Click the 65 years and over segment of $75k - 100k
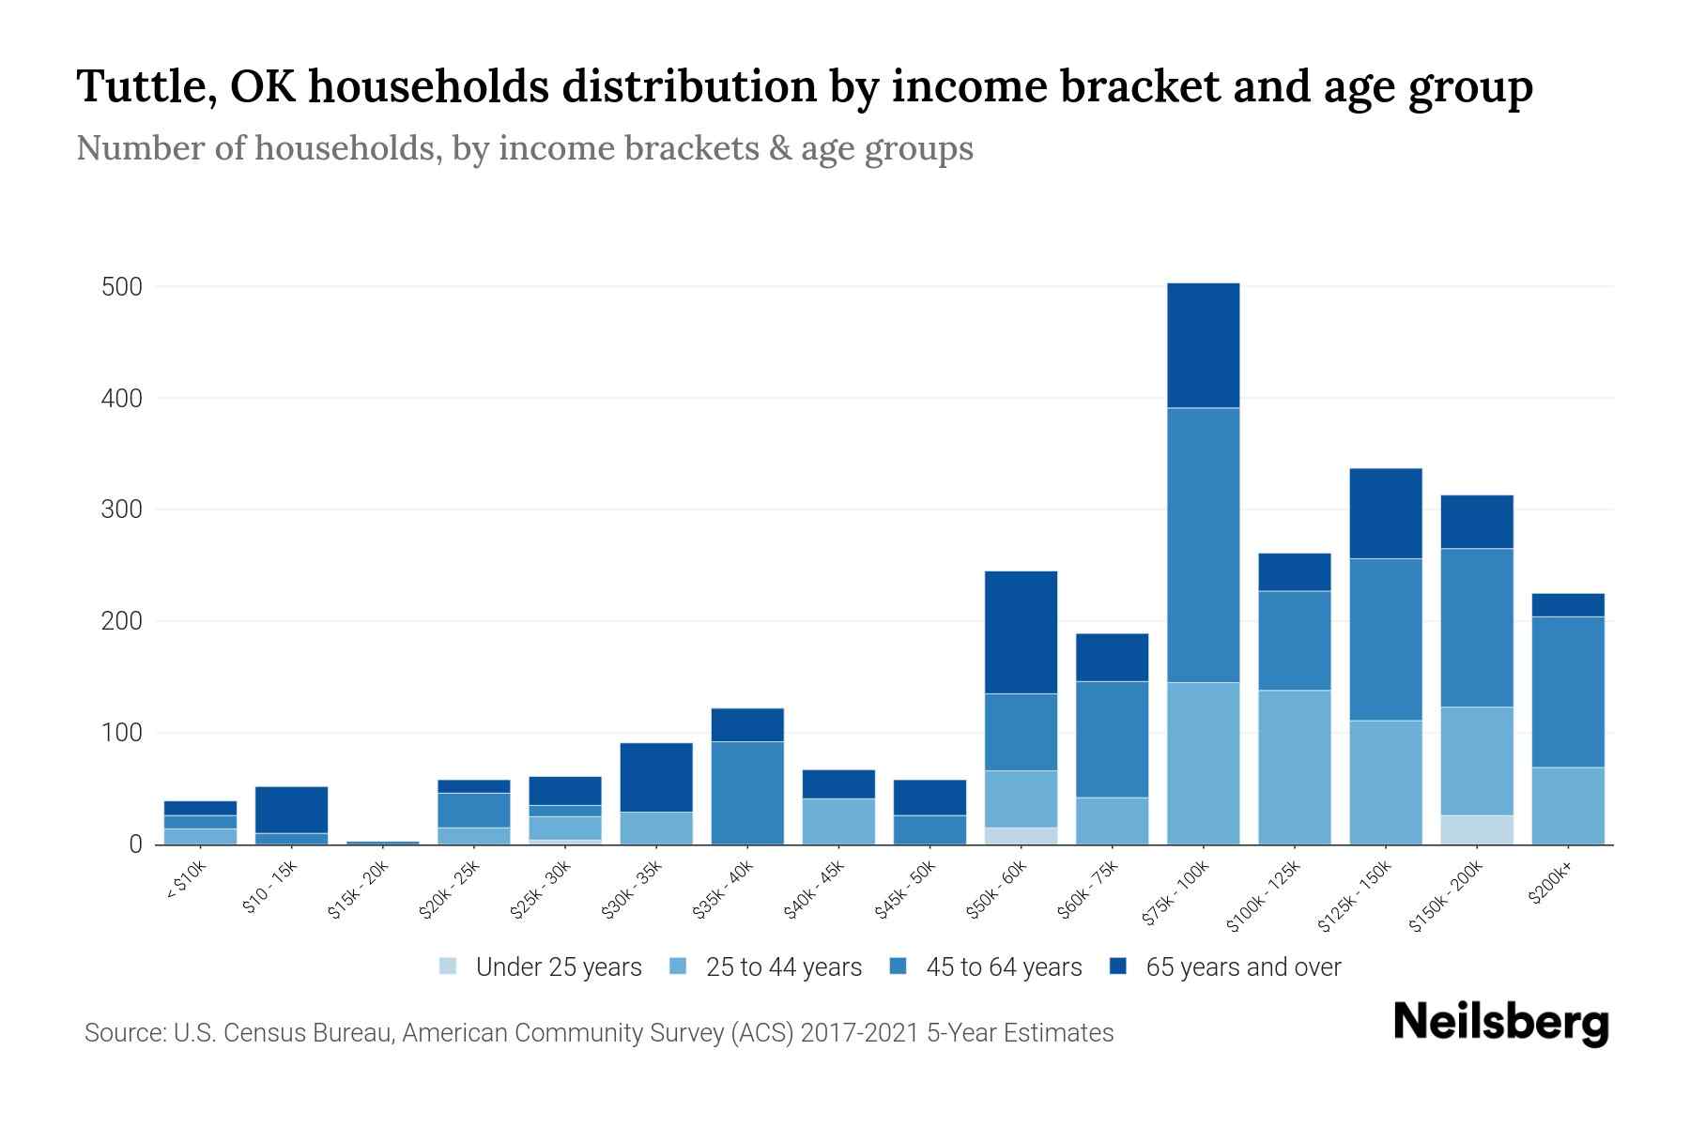(x=1203, y=345)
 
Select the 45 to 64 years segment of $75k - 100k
(x=1203, y=544)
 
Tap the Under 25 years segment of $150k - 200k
(x=1477, y=829)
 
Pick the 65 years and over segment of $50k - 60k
(x=1021, y=632)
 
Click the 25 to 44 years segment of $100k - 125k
(x=1294, y=767)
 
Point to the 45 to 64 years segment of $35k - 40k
(x=747, y=793)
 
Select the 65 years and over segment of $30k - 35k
(x=656, y=777)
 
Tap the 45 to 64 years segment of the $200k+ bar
(x=1568, y=692)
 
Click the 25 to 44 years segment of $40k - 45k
(x=838, y=821)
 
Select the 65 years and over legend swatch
(x=1118, y=966)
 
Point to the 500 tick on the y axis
(x=122, y=287)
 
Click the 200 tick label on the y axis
(x=122, y=622)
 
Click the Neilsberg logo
(x=1500, y=1023)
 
